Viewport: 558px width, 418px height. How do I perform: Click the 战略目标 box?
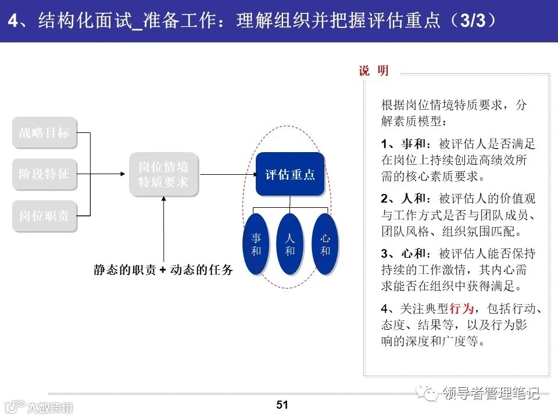click(44, 133)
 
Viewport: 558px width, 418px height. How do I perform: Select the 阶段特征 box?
click(44, 174)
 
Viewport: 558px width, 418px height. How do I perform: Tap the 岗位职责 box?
click(44, 215)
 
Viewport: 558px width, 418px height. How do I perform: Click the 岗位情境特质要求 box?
click(163, 174)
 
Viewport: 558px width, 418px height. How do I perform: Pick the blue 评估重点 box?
click(290, 175)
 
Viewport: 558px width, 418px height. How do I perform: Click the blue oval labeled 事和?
click(256, 244)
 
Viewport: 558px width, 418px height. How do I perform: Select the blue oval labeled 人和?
click(290, 244)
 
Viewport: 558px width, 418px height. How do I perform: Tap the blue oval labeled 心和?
click(325, 244)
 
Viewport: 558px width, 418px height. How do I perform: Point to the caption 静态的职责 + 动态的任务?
click(163, 270)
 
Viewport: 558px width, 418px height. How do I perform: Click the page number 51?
click(282, 405)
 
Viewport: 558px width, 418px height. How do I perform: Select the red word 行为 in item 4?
click(462, 308)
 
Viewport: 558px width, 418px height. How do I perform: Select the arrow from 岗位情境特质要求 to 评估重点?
click(227, 174)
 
